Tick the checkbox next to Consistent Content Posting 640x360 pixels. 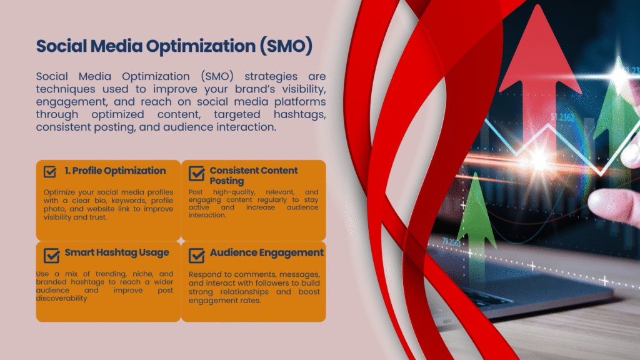[x=197, y=174]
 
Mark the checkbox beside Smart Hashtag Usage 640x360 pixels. [x=51, y=255]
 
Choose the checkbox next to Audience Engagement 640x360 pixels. [x=197, y=255]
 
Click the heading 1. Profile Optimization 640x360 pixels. [x=115, y=171]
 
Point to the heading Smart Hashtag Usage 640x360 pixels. [x=117, y=252]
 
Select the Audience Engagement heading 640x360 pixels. [x=267, y=252]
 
